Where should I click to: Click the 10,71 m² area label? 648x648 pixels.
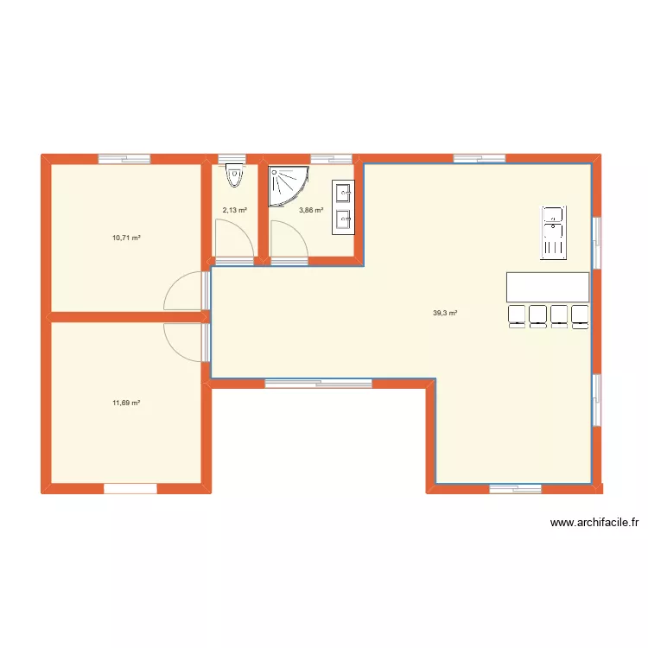126,237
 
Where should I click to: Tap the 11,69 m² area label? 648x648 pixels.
126,403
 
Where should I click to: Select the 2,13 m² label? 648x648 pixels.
235,210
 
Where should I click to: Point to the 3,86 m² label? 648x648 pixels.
311,210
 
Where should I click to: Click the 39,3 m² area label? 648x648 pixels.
445,314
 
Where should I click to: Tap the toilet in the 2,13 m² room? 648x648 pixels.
233,178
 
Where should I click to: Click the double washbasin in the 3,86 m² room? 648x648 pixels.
343,207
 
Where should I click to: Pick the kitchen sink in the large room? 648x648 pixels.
553,232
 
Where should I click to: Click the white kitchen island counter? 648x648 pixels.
548,287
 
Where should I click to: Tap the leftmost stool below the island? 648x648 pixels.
518,316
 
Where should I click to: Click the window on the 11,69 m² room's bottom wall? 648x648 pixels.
130,489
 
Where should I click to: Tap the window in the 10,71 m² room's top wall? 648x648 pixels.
124,159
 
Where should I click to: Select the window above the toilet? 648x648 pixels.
232,159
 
